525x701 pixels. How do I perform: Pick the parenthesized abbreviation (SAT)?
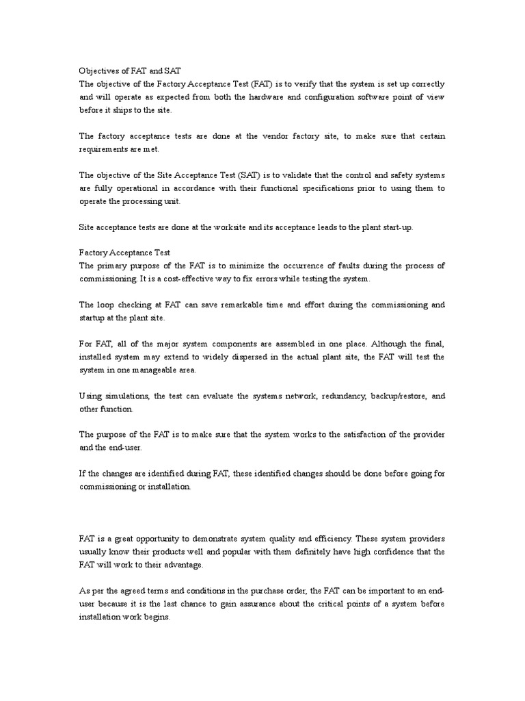[250, 175]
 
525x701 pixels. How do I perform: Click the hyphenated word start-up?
[396, 227]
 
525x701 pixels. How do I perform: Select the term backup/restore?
[397, 396]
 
